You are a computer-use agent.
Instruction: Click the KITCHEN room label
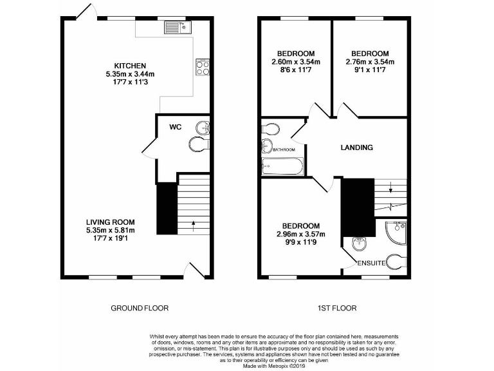tap(131, 66)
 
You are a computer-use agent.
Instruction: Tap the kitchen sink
tap(175, 27)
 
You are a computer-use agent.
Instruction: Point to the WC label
tap(176, 127)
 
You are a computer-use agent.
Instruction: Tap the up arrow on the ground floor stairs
tap(193, 225)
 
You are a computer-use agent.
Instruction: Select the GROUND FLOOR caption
tap(140, 308)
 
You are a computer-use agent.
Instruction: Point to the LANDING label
tap(356, 147)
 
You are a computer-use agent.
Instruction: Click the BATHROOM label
tap(283, 150)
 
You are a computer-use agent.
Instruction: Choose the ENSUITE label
tap(372, 263)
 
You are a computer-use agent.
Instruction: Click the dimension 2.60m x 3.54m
tap(296, 62)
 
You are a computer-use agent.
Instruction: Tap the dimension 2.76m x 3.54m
tap(370, 62)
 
